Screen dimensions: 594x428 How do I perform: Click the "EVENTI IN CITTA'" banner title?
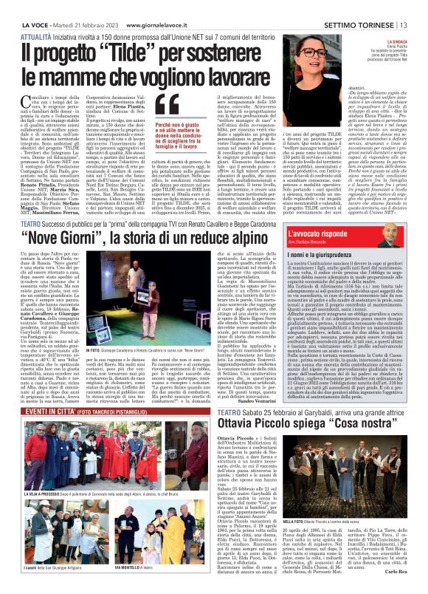[39, 386]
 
